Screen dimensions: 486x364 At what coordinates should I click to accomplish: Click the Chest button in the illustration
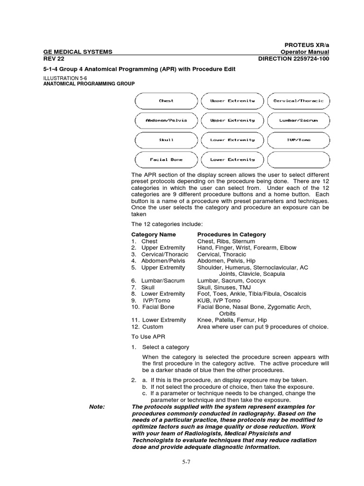[166, 101]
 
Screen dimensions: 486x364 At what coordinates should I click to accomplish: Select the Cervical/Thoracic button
[298, 101]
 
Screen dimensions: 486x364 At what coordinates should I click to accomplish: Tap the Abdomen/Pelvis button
[166, 120]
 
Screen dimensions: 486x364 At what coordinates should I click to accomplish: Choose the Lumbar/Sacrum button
[298, 120]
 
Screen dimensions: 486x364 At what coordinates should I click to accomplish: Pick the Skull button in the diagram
[166, 140]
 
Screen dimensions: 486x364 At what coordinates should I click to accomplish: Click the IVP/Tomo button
[298, 140]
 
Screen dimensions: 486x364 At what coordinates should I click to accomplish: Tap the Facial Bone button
[166, 159]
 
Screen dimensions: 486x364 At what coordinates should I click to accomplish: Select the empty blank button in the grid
[298, 159]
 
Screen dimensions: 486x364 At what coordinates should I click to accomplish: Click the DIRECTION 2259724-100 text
[293, 58]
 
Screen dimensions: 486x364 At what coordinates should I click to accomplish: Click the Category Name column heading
[153, 234]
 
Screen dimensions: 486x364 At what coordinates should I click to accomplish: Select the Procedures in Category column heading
[231, 234]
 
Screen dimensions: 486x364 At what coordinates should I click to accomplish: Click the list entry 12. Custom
[147, 327]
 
